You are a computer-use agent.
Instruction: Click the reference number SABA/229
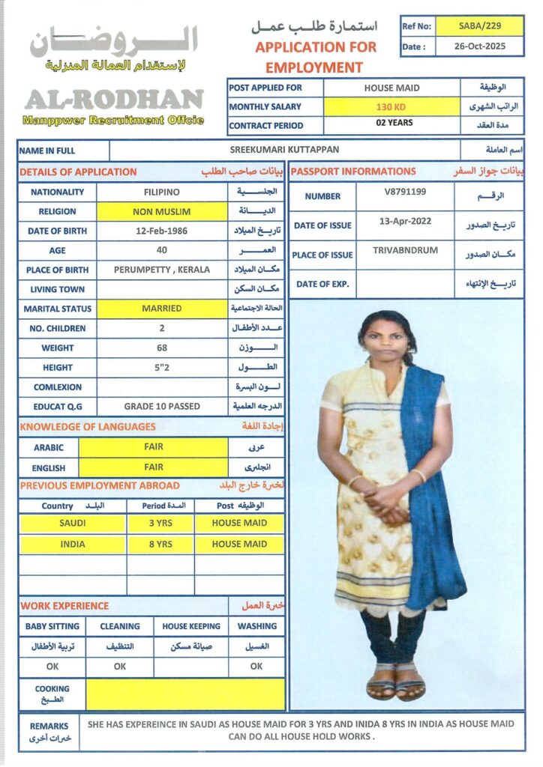point(480,26)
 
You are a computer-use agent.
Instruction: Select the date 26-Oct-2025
point(480,46)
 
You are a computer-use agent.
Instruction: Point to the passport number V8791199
point(405,192)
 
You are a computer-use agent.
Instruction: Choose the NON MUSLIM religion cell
point(161,212)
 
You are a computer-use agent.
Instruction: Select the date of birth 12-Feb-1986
point(161,231)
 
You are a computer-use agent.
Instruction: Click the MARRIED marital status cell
point(161,309)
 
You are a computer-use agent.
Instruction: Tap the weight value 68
point(161,348)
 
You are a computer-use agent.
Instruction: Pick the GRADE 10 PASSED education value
point(161,406)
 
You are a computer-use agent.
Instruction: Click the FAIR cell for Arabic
point(153,447)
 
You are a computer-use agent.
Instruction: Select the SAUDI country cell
point(72,523)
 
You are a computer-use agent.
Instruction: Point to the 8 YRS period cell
point(160,544)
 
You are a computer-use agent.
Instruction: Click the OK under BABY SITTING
point(52,666)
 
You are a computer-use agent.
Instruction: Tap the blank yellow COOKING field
point(184,694)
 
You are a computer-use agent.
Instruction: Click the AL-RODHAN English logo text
point(114,99)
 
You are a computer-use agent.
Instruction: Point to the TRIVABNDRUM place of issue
point(405,250)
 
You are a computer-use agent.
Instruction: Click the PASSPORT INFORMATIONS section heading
point(353,172)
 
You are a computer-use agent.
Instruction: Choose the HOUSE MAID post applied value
point(391,88)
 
